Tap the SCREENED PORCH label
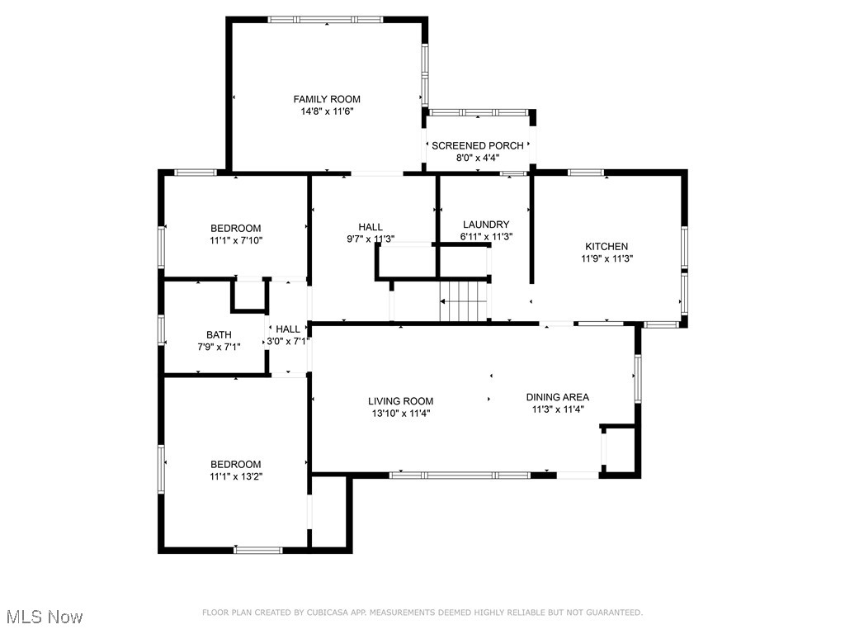pos(477,145)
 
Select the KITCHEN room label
pos(607,246)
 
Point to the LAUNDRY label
pos(485,225)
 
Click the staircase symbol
pos(464,301)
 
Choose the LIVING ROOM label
pos(400,401)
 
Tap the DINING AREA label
pos(558,397)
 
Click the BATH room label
pos(219,334)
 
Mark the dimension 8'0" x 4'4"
pos(477,158)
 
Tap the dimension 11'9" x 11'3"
pos(607,258)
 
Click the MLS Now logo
pos(44,617)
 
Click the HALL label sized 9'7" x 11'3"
pos(370,227)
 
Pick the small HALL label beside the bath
pos(288,329)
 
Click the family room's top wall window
pos(325,19)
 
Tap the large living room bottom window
pos(460,475)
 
